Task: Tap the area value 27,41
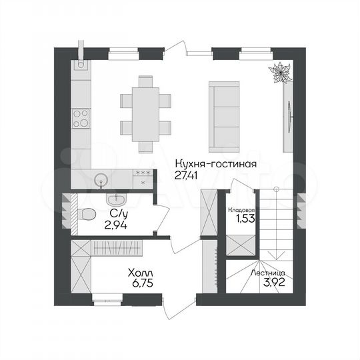point(189,175)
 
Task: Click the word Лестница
point(269,273)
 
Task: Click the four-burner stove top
point(81,119)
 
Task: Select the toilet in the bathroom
point(83,214)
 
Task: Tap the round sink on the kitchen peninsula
point(101,179)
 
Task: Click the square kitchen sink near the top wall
point(80,65)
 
